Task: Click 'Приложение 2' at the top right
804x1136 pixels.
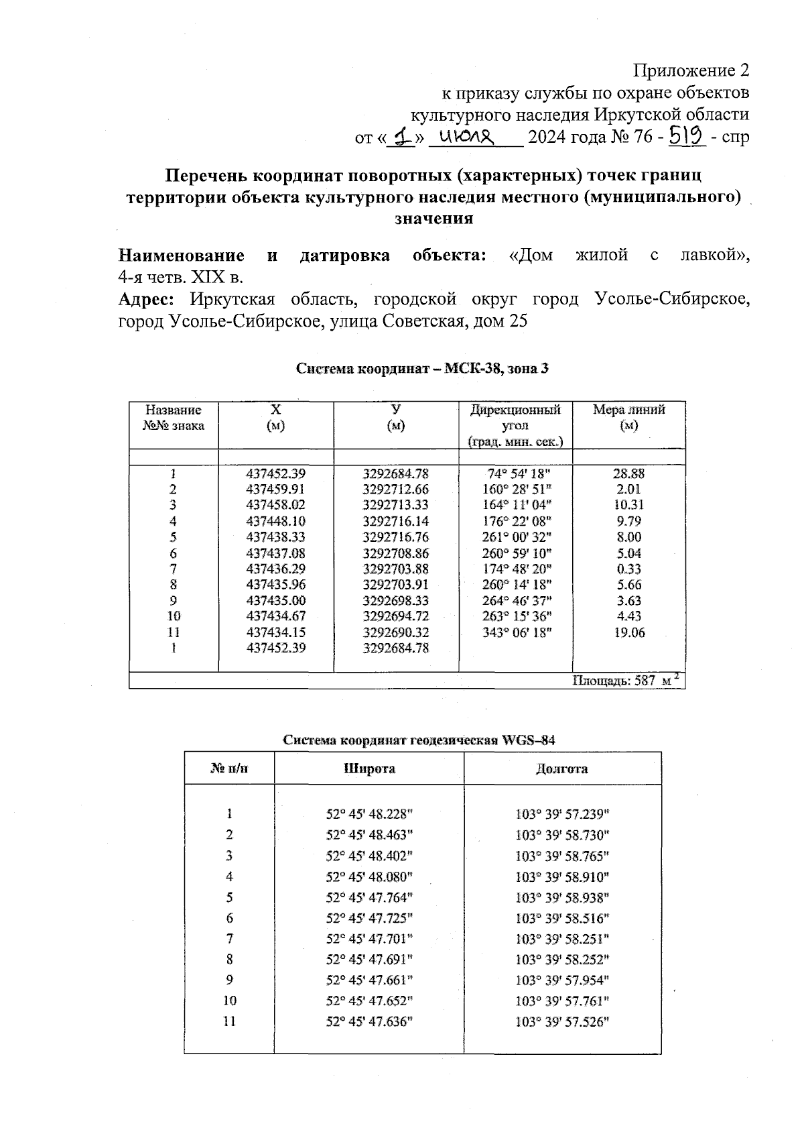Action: click(x=691, y=71)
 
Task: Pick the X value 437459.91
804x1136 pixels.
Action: click(x=276, y=489)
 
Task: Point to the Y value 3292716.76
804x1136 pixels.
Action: click(x=395, y=537)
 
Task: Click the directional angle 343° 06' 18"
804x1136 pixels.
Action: click(x=517, y=632)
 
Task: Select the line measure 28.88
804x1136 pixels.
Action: click(x=628, y=473)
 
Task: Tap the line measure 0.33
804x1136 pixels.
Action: click(x=628, y=569)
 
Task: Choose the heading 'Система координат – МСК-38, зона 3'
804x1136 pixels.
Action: click(x=422, y=369)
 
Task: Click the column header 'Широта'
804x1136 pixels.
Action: click(x=369, y=769)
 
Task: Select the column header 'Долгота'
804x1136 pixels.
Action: click(x=561, y=769)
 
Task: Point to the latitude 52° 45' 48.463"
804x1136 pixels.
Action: click(x=369, y=835)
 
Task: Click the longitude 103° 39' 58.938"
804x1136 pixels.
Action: click(x=561, y=897)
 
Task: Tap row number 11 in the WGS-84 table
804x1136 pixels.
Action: click(x=229, y=1021)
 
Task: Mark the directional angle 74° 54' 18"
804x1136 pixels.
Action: click(x=517, y=473)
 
